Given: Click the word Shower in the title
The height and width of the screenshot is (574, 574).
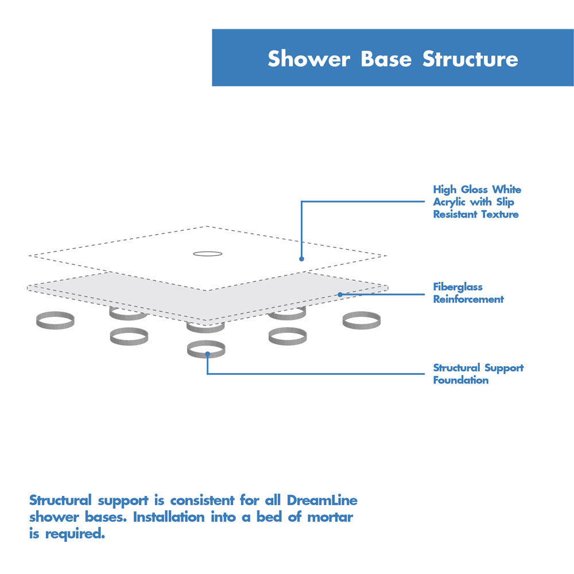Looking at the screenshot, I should (308, 59).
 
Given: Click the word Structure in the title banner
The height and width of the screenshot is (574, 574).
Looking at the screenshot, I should (470, 59).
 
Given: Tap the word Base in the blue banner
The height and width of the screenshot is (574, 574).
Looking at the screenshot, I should (386, 59).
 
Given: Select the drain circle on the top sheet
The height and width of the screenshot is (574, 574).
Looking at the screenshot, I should (207, 253).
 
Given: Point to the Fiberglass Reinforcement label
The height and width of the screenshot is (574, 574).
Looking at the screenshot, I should (468, 293).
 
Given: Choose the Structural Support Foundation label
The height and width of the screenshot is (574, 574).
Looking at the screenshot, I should (478, 374).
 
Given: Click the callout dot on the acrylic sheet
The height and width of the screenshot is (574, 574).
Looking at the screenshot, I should (301, 259).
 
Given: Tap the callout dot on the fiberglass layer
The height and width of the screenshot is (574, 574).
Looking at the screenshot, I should (340, 294).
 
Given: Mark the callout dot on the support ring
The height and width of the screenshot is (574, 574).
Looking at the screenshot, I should (207, 355).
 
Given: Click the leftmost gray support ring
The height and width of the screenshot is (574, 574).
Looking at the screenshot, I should (55, 320).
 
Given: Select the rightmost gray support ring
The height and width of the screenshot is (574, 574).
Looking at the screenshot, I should (362, 320).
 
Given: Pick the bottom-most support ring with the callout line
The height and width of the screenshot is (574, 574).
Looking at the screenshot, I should (206, 349).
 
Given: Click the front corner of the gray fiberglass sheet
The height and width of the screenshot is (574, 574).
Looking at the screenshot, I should (207, 321).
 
